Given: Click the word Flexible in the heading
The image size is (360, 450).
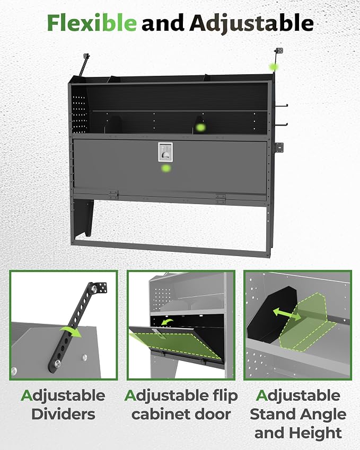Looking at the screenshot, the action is pos(92,23).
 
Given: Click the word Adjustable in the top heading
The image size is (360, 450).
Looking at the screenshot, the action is pos(251,24).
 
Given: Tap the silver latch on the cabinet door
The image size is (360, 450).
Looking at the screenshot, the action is pos(165,152).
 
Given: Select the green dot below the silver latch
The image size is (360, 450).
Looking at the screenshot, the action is pos(166,168).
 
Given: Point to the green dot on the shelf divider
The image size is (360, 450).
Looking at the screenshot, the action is pos(200,127).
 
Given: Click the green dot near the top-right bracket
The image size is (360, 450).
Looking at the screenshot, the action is pos(274,67).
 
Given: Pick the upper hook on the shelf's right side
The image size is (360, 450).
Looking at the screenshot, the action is pos(282,106).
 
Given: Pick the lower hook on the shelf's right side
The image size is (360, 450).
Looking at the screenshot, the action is pos(282,125).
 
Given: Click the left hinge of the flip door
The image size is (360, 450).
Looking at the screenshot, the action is pos(113,195).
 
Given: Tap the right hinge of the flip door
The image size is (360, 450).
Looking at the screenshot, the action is pos(221,199).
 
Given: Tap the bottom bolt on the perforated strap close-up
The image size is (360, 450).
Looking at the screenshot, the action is pos(58,364).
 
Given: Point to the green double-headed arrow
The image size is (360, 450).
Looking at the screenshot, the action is pos(287,314).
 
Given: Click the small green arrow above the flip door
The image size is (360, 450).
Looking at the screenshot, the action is pos(167,322).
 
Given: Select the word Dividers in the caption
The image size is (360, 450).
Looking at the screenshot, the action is pos(63,414).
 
